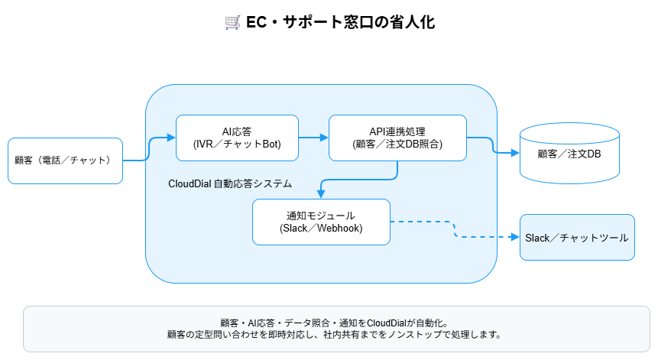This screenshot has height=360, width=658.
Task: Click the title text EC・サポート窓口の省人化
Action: [340, 22]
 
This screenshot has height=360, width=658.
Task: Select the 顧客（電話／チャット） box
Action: [65, 161]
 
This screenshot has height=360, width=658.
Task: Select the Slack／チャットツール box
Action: [577, 238]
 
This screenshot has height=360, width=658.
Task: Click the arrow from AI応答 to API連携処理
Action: [313, 138]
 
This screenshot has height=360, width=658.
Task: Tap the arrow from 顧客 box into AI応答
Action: [149, 150]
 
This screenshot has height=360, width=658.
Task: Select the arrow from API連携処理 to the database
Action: [493, 145]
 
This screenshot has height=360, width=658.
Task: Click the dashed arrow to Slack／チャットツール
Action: [455, 229]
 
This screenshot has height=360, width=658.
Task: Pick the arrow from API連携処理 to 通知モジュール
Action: [359, 180]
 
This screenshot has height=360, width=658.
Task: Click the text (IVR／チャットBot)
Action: [237, 144]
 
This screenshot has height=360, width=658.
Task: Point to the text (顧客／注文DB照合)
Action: [397, 144]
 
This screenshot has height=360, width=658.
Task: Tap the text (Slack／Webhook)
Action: [321, 229]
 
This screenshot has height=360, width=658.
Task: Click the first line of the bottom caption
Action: [336, 323]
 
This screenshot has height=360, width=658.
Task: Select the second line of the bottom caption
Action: [336, 335]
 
